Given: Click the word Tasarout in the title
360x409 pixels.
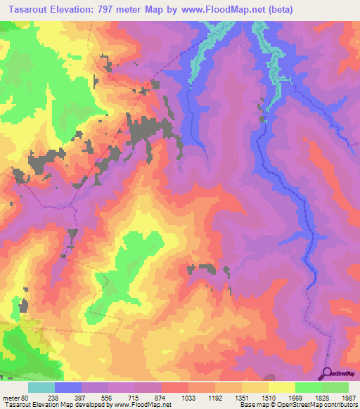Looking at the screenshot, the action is [x=29, y=10].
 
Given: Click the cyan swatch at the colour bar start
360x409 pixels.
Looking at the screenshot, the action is [x=41, y=387].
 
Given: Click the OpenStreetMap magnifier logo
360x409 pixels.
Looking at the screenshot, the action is [x=328, y=373].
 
